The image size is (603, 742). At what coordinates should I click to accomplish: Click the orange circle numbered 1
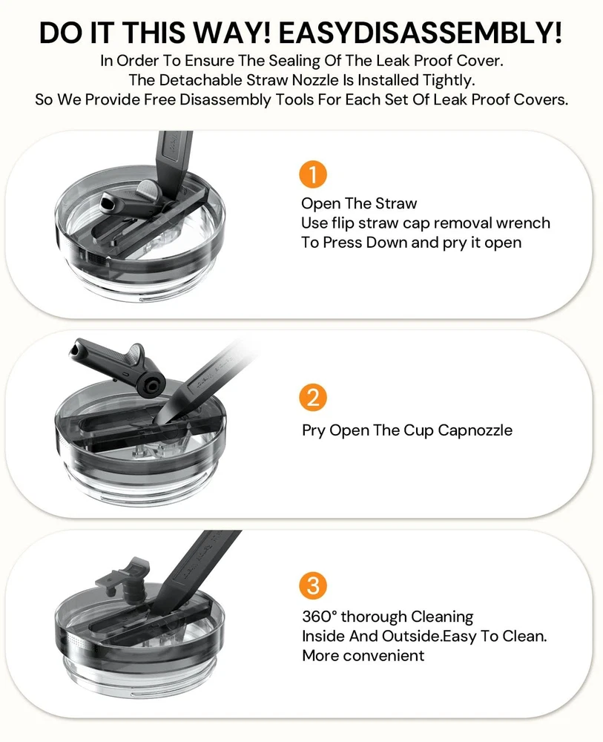tap(313, 174)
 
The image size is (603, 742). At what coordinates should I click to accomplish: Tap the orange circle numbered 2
tap(313, 398)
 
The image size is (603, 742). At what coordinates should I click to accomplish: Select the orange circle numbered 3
tap(313, 585)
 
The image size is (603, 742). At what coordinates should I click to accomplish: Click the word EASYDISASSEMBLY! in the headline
tap(421, 33)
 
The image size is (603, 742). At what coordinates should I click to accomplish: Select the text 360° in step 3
tap(320, 617)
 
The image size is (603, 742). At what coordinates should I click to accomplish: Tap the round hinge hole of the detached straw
tap(151, 386)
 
